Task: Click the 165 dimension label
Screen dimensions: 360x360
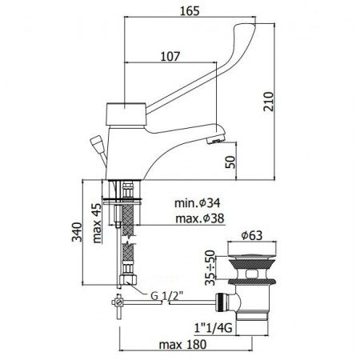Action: coord(190,10)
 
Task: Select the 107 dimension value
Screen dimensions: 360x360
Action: coord(170,56)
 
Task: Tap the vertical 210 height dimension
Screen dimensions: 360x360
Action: coord(268,102)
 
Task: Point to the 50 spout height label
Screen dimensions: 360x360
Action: coord(230,162)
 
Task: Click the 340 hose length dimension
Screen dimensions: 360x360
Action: coord(77,232)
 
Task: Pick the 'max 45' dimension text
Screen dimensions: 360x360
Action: coord(97,223)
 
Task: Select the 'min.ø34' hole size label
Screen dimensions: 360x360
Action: coord(198,203)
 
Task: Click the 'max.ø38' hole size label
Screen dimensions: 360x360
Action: coord(200,218)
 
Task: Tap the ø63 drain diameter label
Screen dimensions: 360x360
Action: coord(252,235)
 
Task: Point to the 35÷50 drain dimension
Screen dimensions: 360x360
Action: coord(210,267)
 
